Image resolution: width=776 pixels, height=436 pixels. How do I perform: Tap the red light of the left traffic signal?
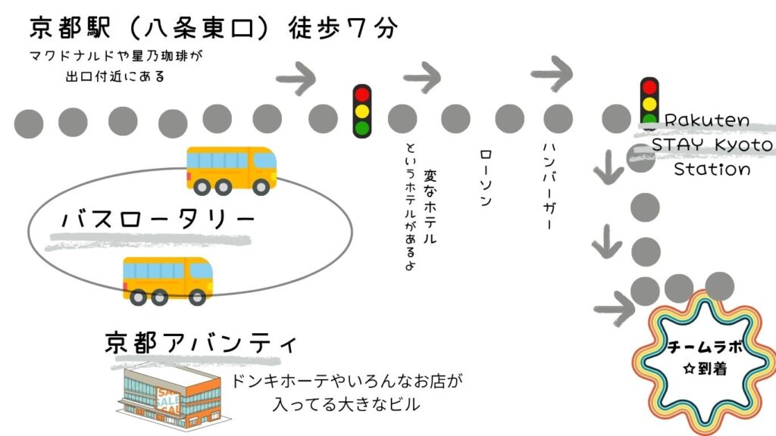tap(363, 95)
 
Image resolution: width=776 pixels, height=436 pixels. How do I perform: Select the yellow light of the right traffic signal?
tap(649, 104)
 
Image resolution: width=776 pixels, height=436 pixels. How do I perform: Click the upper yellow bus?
tap(232, 167)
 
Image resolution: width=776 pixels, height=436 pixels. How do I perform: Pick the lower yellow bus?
tap(168, 279)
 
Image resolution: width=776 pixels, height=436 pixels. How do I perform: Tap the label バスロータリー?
tap(158, 220)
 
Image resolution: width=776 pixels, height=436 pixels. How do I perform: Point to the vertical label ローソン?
tap(487, 177)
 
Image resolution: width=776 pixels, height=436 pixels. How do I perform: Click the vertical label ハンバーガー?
tap(550, 185)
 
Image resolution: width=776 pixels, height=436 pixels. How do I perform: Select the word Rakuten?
tap(706, 121)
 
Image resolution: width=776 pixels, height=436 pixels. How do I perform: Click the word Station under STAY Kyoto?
tap(712, 169)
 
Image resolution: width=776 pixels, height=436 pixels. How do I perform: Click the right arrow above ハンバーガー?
tap(553, 73)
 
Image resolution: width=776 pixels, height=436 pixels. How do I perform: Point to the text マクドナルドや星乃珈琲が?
tap(116, 57)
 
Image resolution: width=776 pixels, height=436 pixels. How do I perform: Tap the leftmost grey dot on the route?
tap(29, 123)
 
